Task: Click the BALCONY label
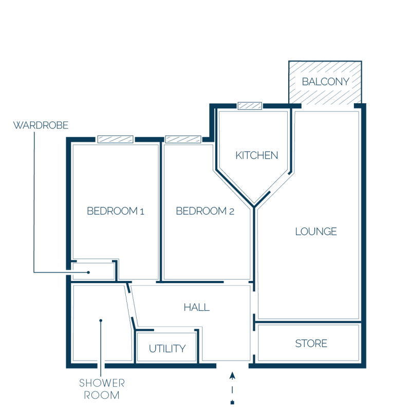[326, 82]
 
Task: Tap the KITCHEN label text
[256, 156]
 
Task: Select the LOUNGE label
[316, 232]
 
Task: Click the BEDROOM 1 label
[116, 211]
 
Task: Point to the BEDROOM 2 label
[205, 211]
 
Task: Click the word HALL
[197, 307]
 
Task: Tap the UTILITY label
[167, 349]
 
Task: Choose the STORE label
[311, 343]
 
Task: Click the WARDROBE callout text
[41, 125]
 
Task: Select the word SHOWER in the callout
[102, 383]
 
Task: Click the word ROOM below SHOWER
[102, 395]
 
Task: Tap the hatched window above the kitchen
[250, 106]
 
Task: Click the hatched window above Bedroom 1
[115, 139]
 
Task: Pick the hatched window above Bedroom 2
[183, 139]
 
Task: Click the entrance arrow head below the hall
[232, 376]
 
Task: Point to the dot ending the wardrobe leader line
[88, 272]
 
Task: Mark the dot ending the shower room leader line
[101, 320]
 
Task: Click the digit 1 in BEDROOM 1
[142, 212]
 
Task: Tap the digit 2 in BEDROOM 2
[232, 212]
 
